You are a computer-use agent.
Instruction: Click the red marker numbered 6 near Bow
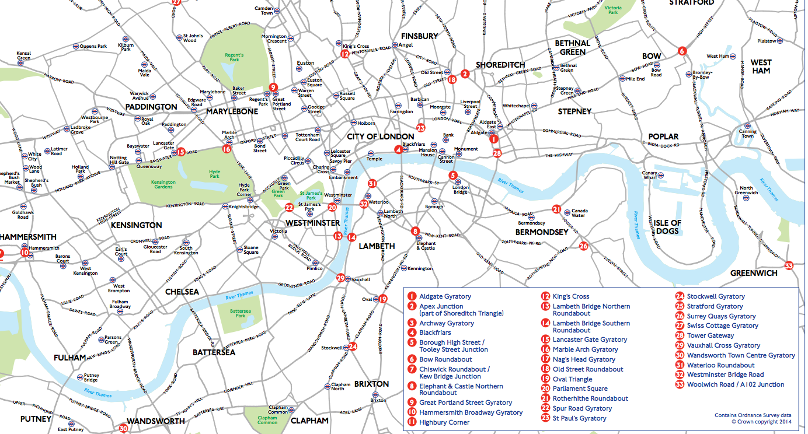pyautogui.click(x=681, y=51)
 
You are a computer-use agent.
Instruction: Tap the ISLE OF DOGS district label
pyautogui.click(x=667, y=227)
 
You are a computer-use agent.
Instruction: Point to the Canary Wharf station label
pyautogui.click(x=650, y=176)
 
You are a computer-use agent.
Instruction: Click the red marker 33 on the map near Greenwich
pyautogui.click(x=789, y=266)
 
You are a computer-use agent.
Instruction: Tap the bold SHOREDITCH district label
pyautogui.click(x=500, y=65)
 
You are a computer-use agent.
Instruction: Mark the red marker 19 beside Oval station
pyautogui.click(x=383, y=299)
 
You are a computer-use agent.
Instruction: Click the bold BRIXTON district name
pyautogui.click(x=371, y=384)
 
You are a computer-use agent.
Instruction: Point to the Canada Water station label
pyautogui.click(x=579, y=213)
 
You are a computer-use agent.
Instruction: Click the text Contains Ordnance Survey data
pyautogui.click(x=753, y=415)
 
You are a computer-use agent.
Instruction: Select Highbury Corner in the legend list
pyautogui.click(x=444, y=422)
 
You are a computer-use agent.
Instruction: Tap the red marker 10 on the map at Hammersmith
pyautogui.click(x=24, y=253)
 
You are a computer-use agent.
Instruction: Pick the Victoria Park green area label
pyautogui.click(x=613, y=10)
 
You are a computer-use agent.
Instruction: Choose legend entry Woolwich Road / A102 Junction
pyautogui.click(x=735, y=384)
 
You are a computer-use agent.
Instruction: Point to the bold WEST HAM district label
pyautogui.click(x=761, y=66)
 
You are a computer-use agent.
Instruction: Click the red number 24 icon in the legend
pyautogui.click(x=680, y=296)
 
